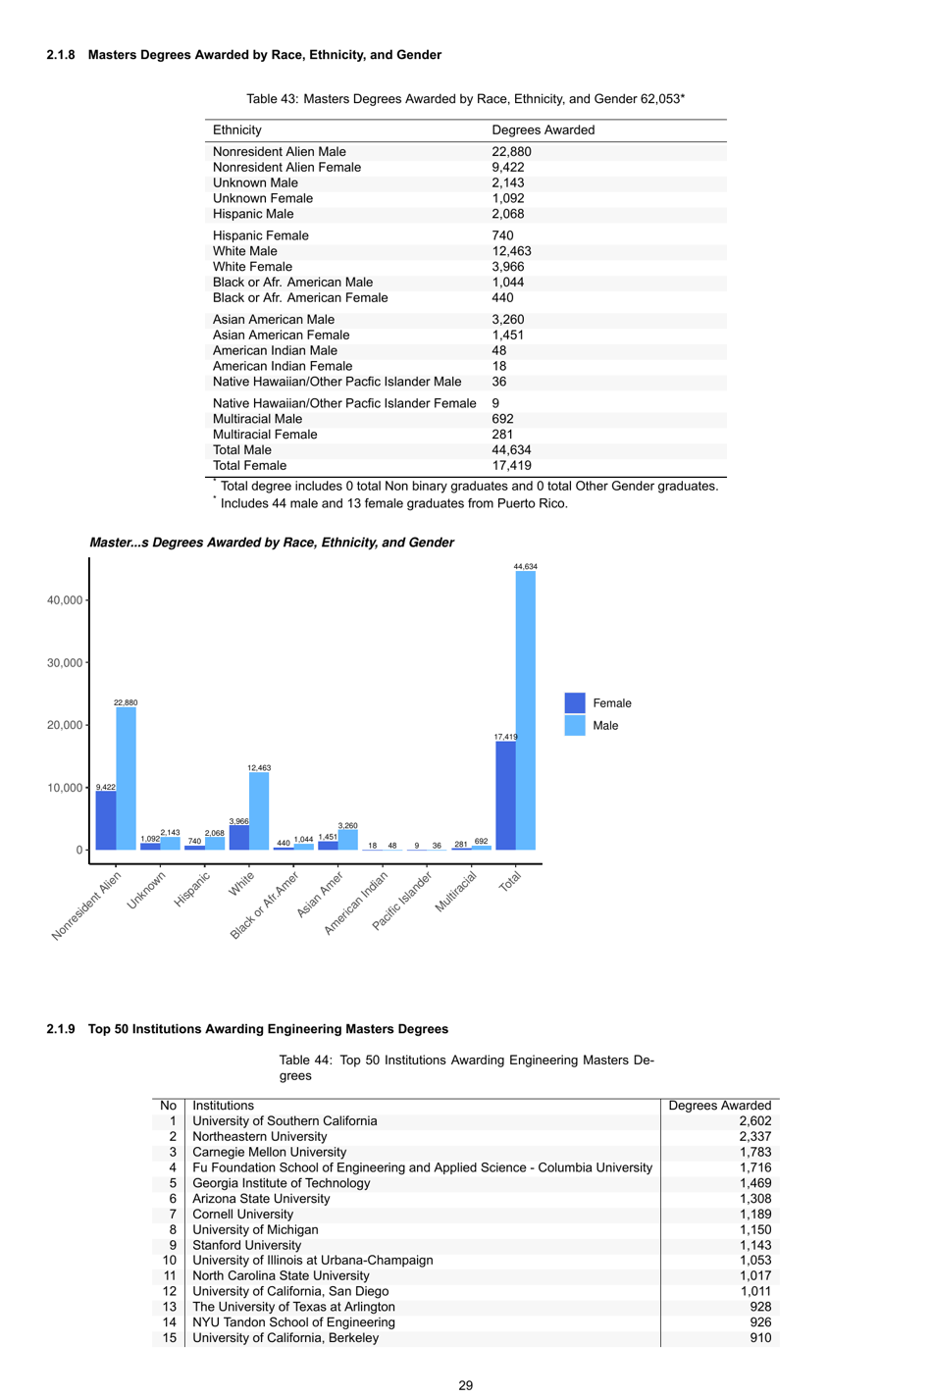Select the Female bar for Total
click(505, 796)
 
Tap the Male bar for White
click(259, 811)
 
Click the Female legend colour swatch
click(575, 703)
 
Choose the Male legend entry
click(604, 726)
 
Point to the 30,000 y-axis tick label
click(65, 663)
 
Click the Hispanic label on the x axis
click(193, 888)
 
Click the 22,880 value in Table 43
click(511, 152)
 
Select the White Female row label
click(252, 267)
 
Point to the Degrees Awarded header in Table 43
click(543, 130)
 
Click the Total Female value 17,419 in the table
click(511, 466)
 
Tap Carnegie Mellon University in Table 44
click(269, 1152)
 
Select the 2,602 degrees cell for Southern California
click(754, 1121)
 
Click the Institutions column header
click(223, 1106)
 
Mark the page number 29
click(466, 1385)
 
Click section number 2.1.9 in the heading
click(61, 1029)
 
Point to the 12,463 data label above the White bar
click(259, 768)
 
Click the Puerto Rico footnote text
click(393, 503)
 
